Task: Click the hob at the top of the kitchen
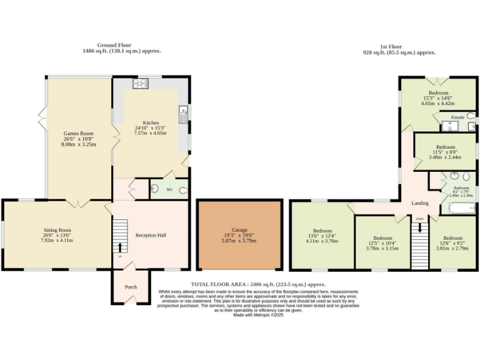tap(139, 83)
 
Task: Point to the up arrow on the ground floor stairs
tap(120, 247)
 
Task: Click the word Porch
tap(131, 287)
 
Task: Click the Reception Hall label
tap(151, 236)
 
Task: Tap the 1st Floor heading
tap(391, 46)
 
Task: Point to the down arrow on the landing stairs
tap(419, 226)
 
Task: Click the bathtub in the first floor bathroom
tap(458, 207)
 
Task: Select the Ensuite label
tap(457, 117)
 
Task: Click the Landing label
tap(419, 203)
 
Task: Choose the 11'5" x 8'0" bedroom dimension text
tap(444, 151)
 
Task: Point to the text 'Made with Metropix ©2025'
tap(259, 315)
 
